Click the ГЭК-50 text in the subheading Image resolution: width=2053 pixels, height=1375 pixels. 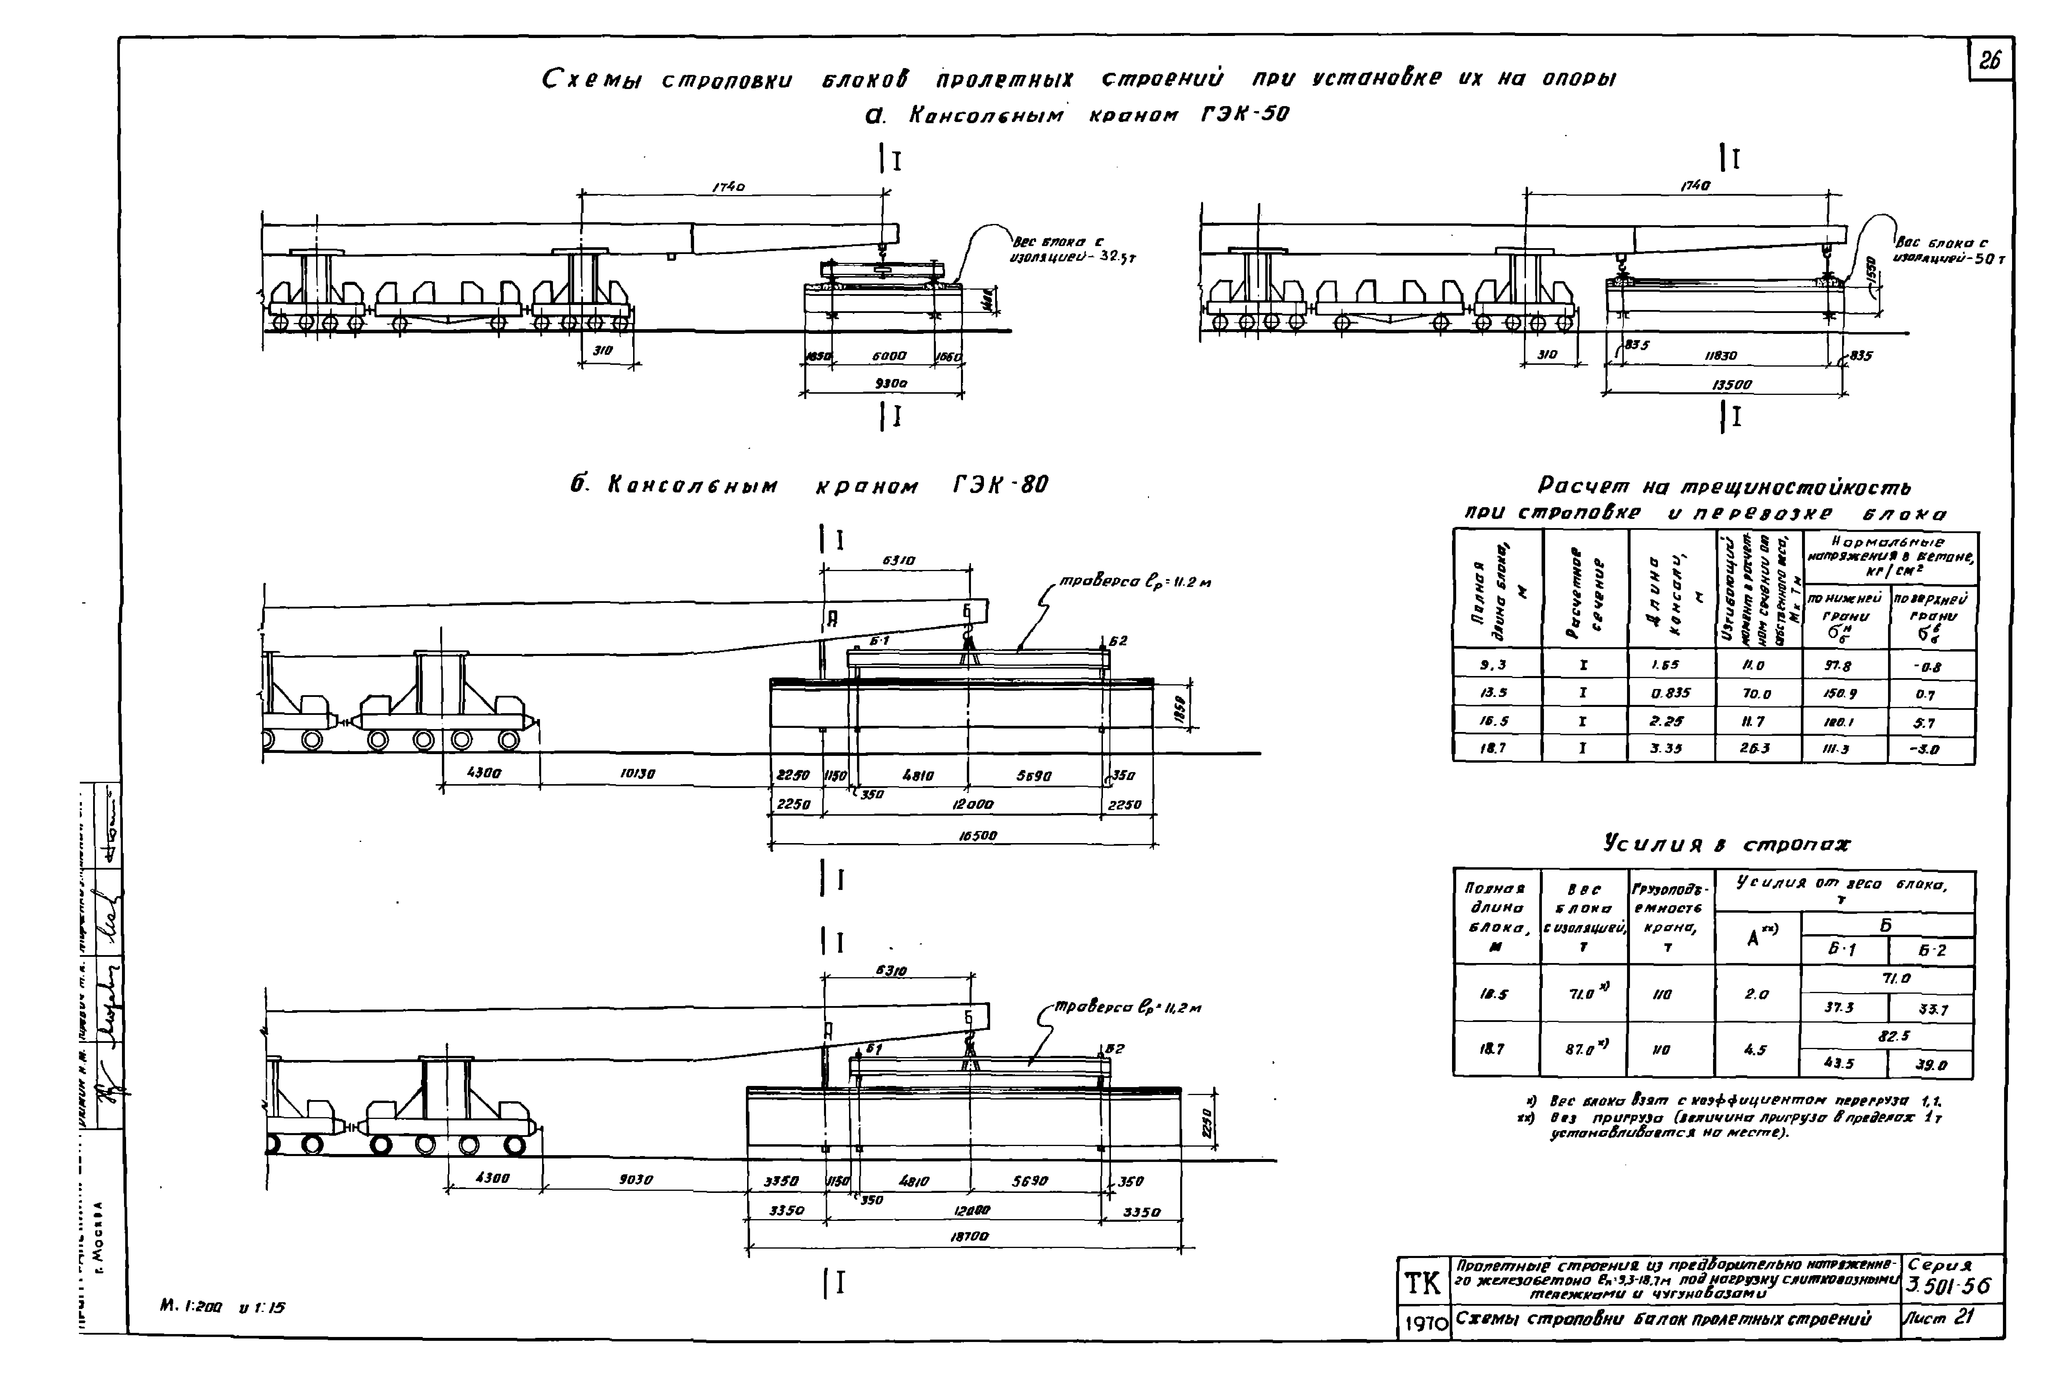[1245, 115]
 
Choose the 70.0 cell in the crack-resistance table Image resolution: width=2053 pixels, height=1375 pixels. [1756, 694]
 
